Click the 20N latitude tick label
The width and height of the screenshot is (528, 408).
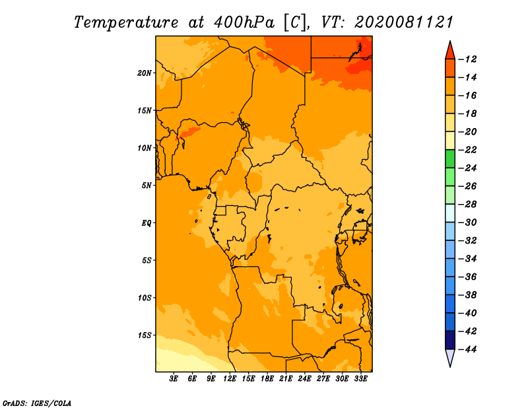(x=145, y=73)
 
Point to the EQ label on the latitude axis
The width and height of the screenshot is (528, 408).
(x=146, y=223)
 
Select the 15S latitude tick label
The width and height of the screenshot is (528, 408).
(x=145, y=335)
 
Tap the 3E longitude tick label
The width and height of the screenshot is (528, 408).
(x=174, y=379)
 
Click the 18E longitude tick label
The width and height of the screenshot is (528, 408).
(x=267, y=379)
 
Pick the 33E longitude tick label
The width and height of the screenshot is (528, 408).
(x=360, y=379)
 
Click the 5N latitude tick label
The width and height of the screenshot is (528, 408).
(x=147, y=186)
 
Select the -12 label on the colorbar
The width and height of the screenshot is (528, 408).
(x=467, y=59)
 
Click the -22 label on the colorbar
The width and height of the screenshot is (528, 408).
(x=467, y=150)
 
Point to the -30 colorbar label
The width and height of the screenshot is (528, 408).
(x=467, y=222)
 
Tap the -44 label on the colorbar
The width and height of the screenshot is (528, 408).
(x=467, y=349)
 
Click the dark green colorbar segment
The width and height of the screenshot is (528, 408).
(x=450, y=159)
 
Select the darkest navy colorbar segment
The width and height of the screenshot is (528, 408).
(x=450, y=340)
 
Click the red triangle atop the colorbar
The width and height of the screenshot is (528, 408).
(x=450, y=51)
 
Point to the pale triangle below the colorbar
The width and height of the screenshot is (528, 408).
(x=450, y=357)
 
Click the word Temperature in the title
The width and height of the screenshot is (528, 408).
(x=126, y=22)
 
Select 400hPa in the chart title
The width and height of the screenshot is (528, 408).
(x=244, y=22)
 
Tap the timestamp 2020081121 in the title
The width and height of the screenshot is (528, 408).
(x=404, y=22)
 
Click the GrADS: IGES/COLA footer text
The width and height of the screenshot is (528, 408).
(x=37, y=403)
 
